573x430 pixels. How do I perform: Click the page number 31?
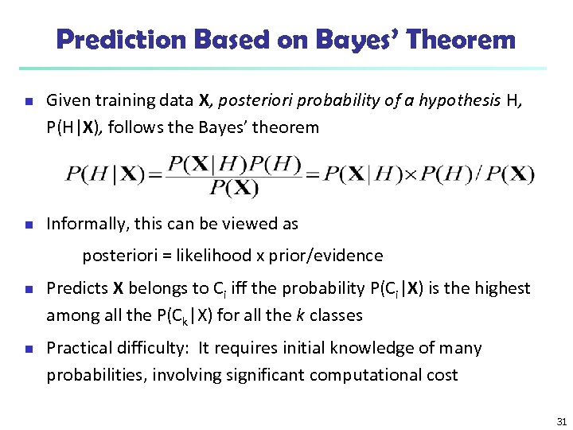tap(562, 421)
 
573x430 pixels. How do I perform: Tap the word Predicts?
tap(77, 287)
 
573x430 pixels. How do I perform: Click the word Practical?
tap(80, 348)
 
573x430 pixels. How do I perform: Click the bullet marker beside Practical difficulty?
tap(27, 349)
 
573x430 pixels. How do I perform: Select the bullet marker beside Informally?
tap(27, 225)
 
